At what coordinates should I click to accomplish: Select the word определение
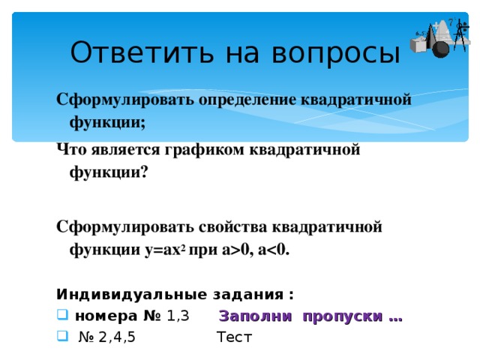247,100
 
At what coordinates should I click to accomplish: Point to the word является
125,150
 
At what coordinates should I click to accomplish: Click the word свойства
233,227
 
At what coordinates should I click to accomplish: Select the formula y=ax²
165,250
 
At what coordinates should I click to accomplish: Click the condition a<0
274,250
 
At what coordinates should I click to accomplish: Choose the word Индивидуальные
132,295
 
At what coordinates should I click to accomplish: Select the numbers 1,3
178,316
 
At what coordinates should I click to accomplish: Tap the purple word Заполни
255,316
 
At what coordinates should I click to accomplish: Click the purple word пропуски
343,316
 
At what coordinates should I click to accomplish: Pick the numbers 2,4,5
117,337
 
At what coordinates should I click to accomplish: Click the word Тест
234,337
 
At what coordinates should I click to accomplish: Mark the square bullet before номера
62,315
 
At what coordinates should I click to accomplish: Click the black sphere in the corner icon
440,49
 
